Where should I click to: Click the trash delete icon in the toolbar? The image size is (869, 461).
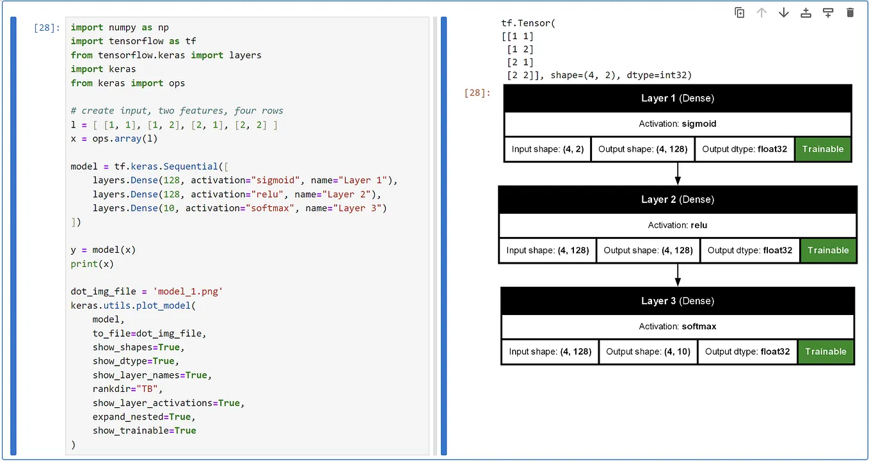point(850,13)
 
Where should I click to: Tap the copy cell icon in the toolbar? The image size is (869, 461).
point(740,13)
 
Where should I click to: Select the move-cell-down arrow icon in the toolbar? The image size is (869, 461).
point(783,13)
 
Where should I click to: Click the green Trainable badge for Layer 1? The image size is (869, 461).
point(822,149)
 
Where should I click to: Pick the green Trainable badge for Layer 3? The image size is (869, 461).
point(825,352)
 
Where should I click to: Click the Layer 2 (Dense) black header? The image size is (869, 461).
point(677,200)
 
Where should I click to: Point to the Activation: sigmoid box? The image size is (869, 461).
point(677,124)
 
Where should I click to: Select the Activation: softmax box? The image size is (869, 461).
point(677,327)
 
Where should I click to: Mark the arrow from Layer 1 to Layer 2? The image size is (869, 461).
point(678,174)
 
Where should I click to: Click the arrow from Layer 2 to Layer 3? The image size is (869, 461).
point(678,275)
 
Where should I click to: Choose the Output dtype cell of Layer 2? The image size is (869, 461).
point(750,250)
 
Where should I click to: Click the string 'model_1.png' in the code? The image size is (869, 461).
point(188,291)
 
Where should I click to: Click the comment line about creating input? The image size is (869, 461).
point(177,111)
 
